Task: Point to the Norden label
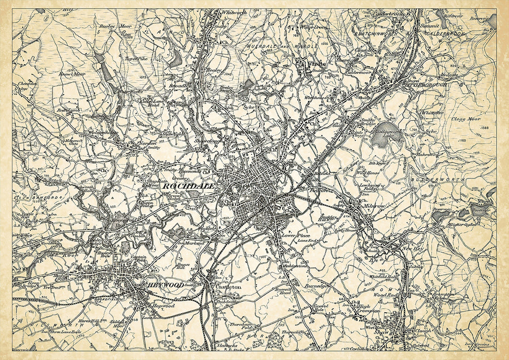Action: [148, 142]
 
